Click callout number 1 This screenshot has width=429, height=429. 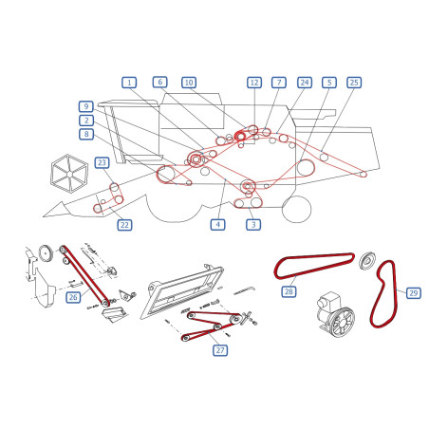(x=129, y=83)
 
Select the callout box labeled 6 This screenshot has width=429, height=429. (x=160, y=83)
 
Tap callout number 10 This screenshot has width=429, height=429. (x=189, y=83)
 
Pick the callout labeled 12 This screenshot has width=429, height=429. (x=254, y=83)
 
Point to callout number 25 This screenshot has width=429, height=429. (x=354, y=83)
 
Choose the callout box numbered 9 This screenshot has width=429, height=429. (x=86, y=106)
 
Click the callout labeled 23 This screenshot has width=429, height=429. (x=102, y=162)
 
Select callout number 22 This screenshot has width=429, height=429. (x=124, y=225)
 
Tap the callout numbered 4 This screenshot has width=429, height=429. (x=218, y=225)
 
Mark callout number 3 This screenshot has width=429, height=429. (x=253, y=225)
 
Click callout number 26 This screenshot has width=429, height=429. (x=73, y=297)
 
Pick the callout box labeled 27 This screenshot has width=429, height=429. (x=220, y=350)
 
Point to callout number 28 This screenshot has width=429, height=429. (x=289, y=291)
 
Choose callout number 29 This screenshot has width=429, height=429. (x=414, y=293)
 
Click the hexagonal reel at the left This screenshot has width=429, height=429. (x=69, y=174)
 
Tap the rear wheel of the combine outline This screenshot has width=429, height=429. (x=296, y=209)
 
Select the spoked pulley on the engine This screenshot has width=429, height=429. (x=341, y=323)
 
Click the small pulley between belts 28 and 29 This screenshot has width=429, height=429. (x=367, y=261)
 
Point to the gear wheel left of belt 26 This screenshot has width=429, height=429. (x=47, y=253)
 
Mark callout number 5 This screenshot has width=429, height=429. (x=329, y=83)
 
